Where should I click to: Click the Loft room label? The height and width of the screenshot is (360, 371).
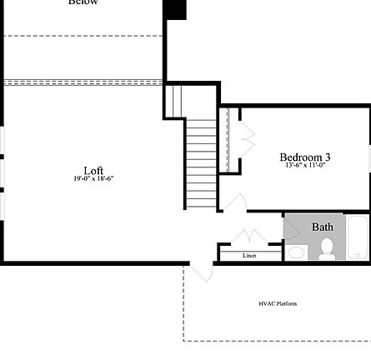click(x=93, y=170)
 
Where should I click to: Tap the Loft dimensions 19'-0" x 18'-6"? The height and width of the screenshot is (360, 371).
click(x=93, y=177)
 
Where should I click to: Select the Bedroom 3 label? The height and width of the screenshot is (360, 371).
click(x=304, y=157)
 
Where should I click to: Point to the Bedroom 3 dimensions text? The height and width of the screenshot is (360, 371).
click(x=304, y=164)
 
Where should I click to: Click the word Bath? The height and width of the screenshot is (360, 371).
click(x=323, y=227)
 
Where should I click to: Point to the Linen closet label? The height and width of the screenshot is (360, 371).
click(x=249, y=255)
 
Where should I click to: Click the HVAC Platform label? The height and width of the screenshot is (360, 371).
click(x=278, y=303)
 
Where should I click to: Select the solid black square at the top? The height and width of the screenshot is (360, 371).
click(x=175, y=9)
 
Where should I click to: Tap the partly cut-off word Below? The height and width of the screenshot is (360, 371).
click(x=83, y=2)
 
